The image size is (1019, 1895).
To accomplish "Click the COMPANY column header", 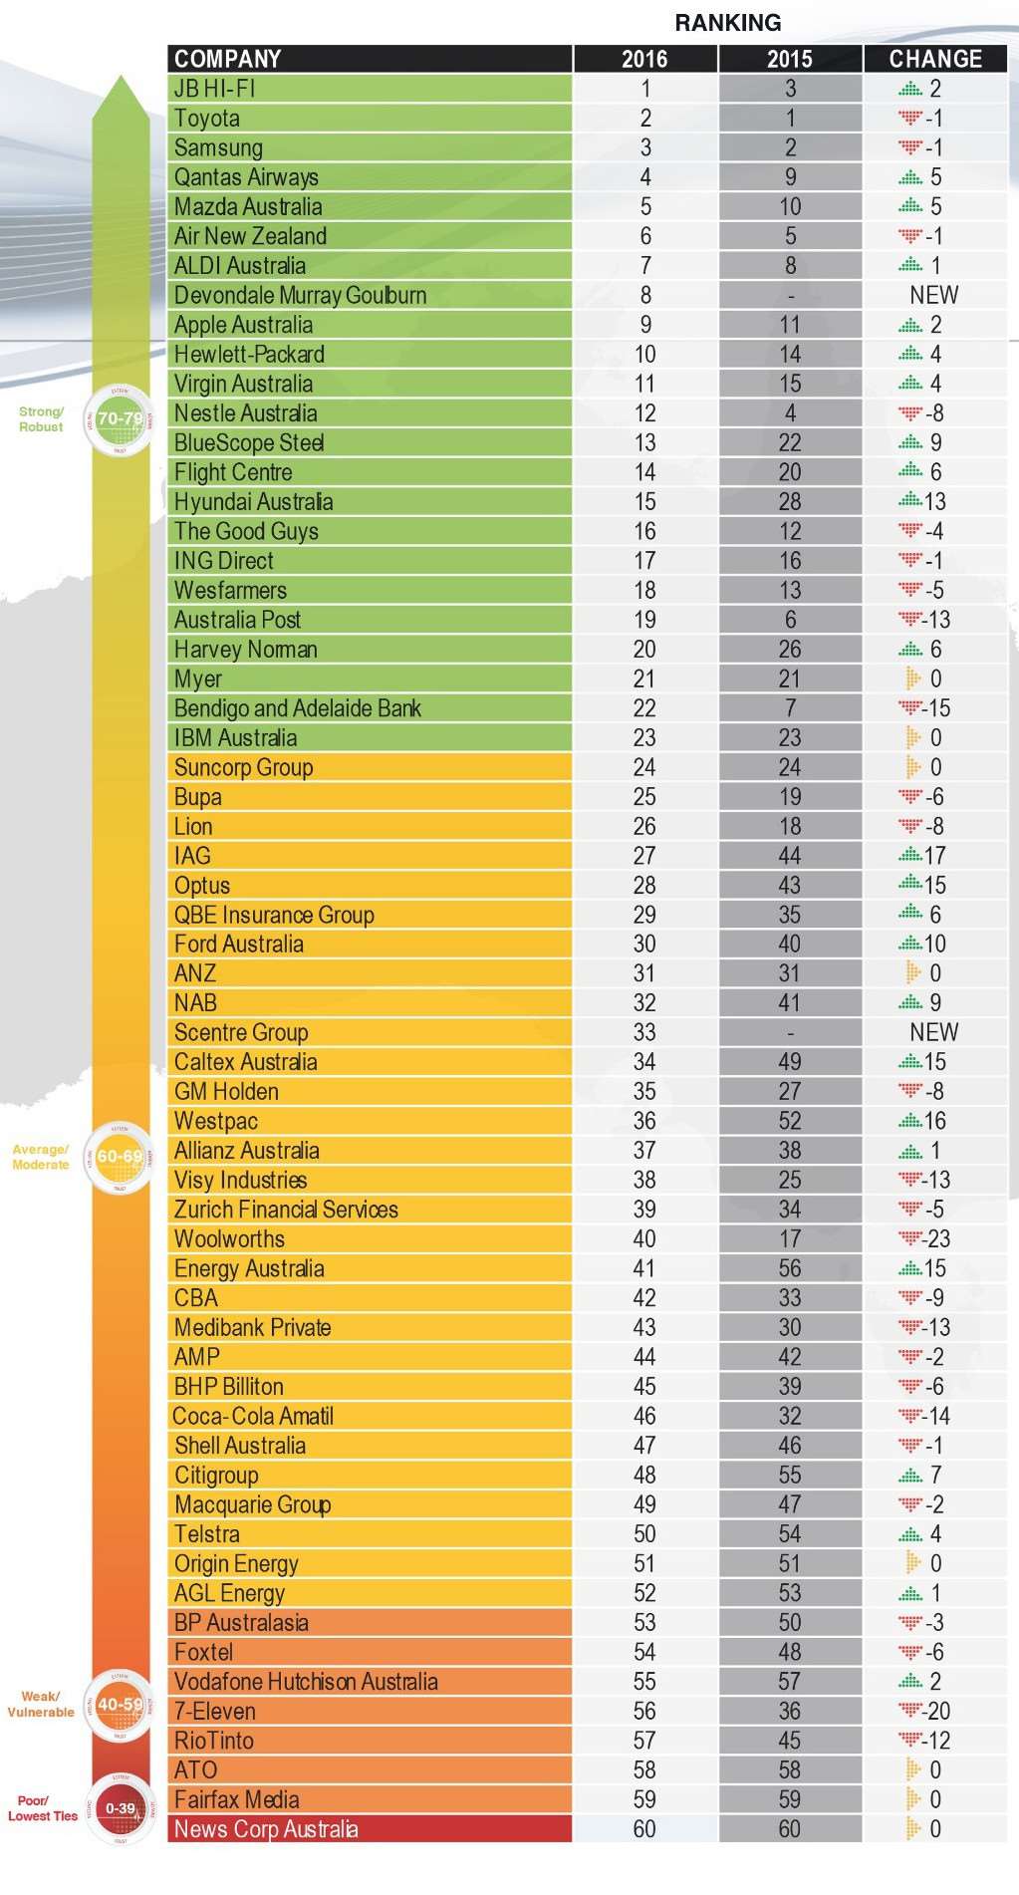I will pyautogui.click(x=228, y=59).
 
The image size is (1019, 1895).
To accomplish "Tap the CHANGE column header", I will pyautogui.click(x=935, y=59).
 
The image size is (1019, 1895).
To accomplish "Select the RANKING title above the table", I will pyautogui.click(x=728, y=23).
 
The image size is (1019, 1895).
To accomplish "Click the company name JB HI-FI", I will pyautogui.click(x=215, y=89).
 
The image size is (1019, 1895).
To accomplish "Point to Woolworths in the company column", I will pyautogui.click(x=229, y=1239).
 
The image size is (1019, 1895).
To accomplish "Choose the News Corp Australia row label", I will pyautogui.click(x=266, y=1829).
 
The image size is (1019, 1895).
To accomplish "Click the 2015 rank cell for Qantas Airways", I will pyautogui.click(x=790, y=177).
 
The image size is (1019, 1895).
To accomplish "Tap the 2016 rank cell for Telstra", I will pyautogui.click(x=644, y=1534).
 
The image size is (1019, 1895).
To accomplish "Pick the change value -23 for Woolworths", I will pyautogui.click(x=937, y=1239).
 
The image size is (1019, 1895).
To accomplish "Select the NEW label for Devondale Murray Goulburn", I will pyautogui.click(x=934, y=295).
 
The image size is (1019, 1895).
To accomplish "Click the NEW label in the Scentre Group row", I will pyautogui.click(x=934, y=1032).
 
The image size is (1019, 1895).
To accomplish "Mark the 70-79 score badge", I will pyautogui.click(x=120, y=419).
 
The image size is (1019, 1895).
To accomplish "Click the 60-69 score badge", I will pyautogui.click(x=120, y=1157).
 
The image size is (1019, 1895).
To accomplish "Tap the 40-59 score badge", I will pyautogui.click(x=120, y=1705).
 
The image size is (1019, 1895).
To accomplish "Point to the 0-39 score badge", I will pyautogui.click(x=121, y=1808).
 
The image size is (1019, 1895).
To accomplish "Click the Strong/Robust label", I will pyautogui.click(x=41, y=419).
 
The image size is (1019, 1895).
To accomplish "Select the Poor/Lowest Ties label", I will pyautogui.click(x=43, y=1808).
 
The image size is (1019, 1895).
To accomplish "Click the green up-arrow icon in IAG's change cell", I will pyautogui.click(x=909, y=856).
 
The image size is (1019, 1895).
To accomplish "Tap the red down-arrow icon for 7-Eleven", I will pyautogui.click(x=909, y=1712).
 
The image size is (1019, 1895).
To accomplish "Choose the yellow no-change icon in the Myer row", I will pyautogui.click(x=912, y=678).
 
